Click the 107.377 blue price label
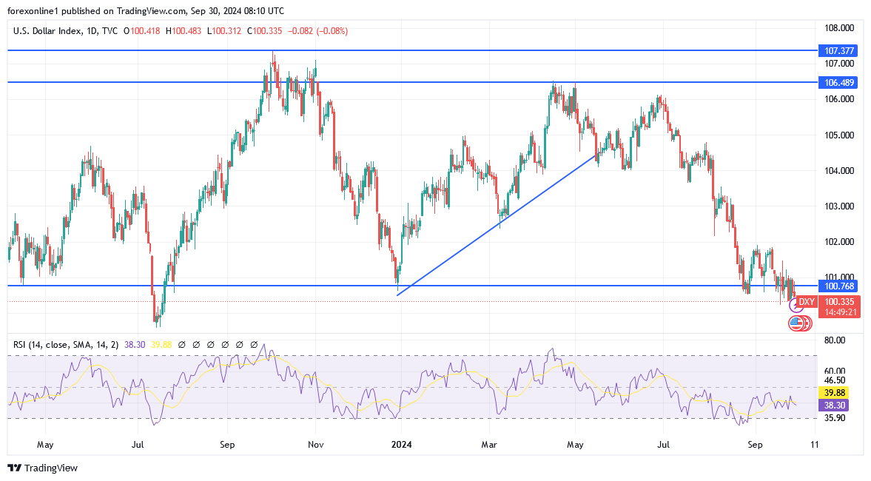[838, 51]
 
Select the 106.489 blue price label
[838, 82]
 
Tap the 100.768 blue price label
[838, 286]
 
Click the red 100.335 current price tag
[839, 302]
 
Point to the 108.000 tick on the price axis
[839, 28]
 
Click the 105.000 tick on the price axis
[839, 135]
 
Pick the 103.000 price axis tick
[839, 206]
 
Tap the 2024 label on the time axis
[401, 445]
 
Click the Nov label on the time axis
[316, 445]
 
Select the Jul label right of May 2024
[663, 445]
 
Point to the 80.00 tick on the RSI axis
[835, 340]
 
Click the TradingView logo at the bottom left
[42, 468]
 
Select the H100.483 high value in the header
[186, 31]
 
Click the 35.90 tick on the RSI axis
[835, 417]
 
